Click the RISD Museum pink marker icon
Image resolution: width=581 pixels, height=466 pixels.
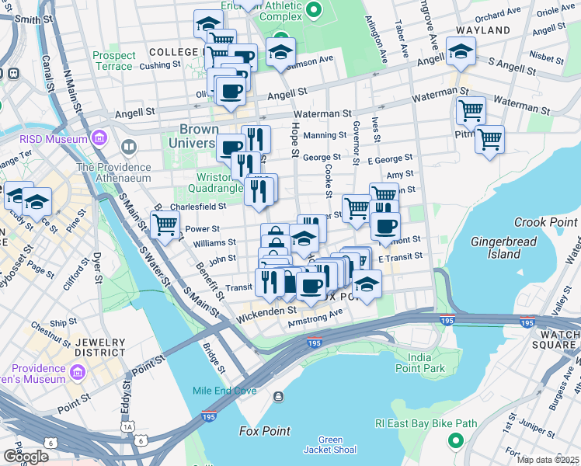coord(99,139)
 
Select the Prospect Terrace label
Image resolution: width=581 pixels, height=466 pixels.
coord(113,61)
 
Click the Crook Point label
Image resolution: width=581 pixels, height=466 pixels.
coord(546,221)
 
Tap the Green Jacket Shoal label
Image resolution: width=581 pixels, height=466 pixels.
coord(330,445)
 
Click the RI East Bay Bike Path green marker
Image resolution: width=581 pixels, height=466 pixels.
coord(455,441)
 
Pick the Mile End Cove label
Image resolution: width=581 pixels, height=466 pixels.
coord(225,391)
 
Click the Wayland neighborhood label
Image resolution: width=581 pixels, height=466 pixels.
coord(483,30)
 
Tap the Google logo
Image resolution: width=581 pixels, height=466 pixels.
coord(25,456)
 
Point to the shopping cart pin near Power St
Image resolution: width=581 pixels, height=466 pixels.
coord(165,224)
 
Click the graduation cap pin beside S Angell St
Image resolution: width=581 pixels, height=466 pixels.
coord(461,52)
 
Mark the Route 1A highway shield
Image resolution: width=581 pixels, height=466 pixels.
coord(127,427)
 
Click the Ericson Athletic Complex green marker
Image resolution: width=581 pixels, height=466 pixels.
coord(315,9)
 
